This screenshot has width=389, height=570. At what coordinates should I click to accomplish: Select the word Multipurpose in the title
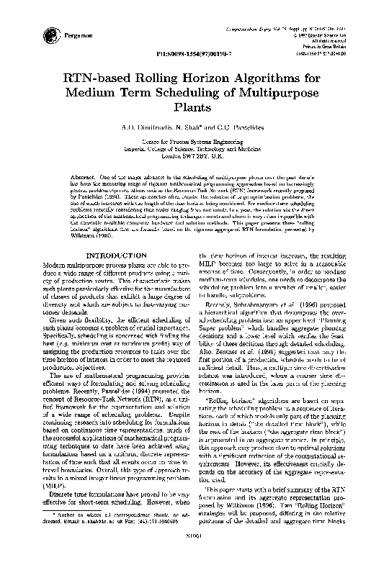276,94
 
